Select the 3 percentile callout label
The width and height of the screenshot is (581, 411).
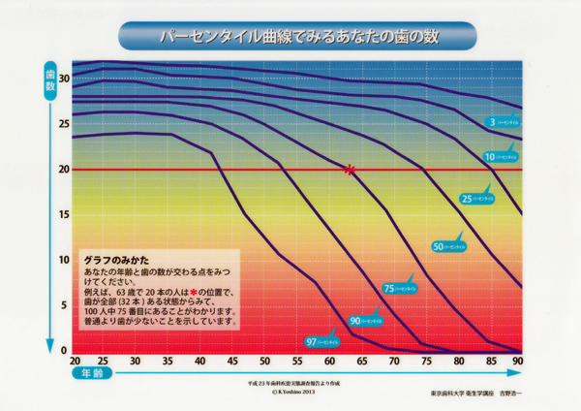(x=505, y=123)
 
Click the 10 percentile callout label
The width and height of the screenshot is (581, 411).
(x=502, y=155)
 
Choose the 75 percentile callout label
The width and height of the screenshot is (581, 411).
(x=401, y=288)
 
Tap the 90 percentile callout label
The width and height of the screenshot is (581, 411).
(x=367, y=320)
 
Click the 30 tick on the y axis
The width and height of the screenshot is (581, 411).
(x=64, y=78)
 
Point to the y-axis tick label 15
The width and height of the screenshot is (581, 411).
(x=64, y=214)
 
